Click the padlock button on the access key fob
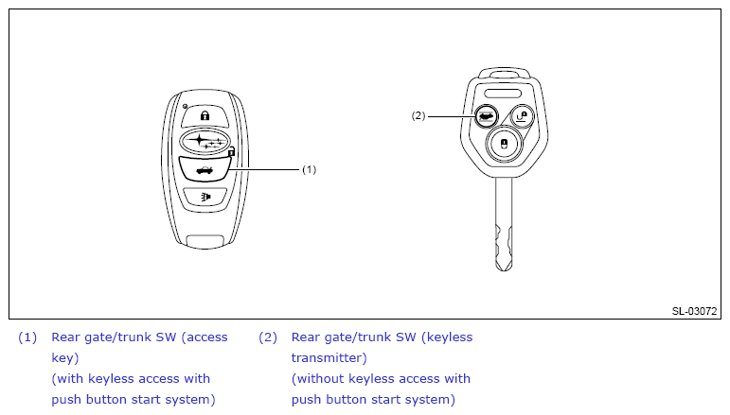(205, 115)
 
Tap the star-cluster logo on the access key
(205, 141)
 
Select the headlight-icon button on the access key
(205, 197)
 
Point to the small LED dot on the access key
(185, 107)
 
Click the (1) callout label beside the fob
(309, 169)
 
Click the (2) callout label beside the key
(418, 115)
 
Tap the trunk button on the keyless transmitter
(487, 116)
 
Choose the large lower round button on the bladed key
(504, 144)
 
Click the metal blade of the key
(504, 224)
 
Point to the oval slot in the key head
(503, 93)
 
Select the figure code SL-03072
(694, 311)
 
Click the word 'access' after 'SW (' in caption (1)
(206, 337)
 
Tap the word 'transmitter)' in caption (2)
(329, 358)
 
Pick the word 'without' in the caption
(320, 378)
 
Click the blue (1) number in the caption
(27, 337)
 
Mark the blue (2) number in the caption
(268, 337)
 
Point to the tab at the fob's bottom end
(205, 241)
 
